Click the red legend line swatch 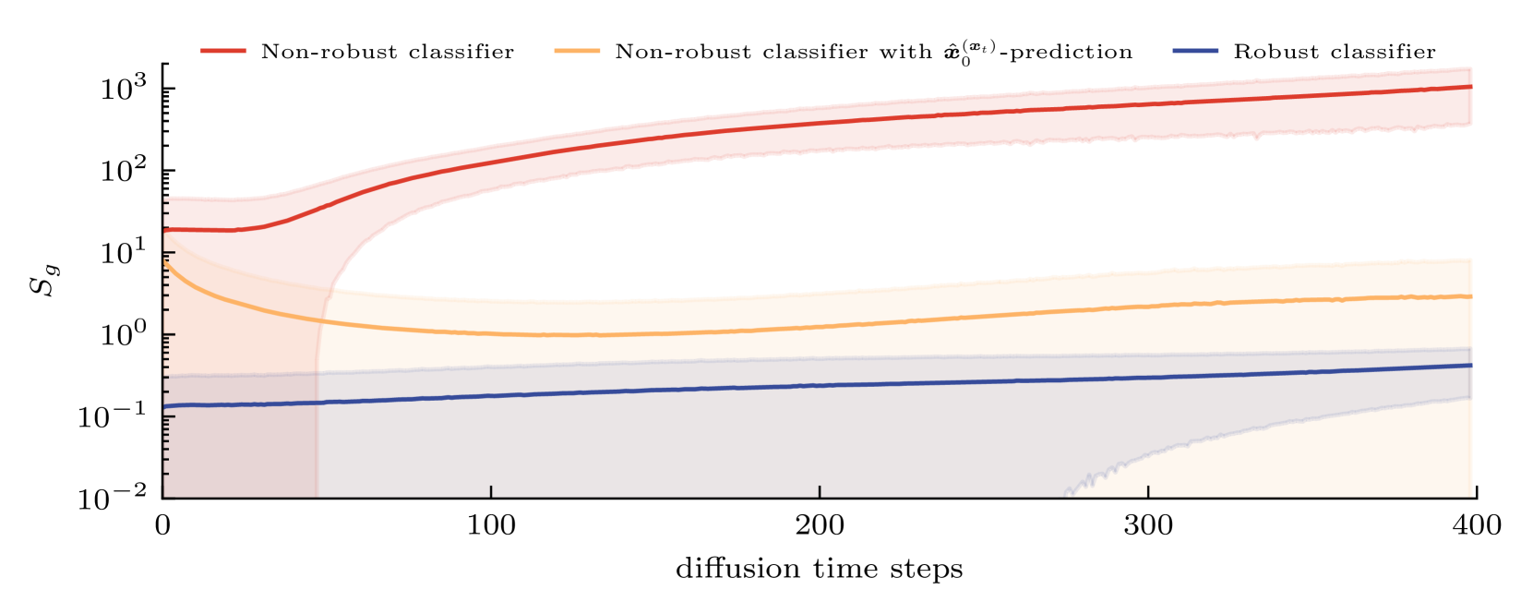click(x=223, y=51)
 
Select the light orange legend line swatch click(x=577, y=51)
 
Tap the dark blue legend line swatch click(x=1195, y=51)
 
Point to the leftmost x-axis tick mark click(x=491, y=491)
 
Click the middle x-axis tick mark click(x=820, y=491)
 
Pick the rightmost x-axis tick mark click(x=1148, y=491)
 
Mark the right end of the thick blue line click(x=1471, y=366)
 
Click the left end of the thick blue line click(x=166, y=406)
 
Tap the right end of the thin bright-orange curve click(x=324, y=319)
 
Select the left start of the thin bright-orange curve click(x=166, y=260)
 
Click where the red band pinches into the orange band click(x=332, y=289)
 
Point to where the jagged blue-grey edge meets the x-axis click(x=1067, y=495)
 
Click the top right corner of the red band click(x=1471, y=67)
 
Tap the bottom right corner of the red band click(x=1471, y=126)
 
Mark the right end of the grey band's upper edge click(x=1471, y=348)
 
